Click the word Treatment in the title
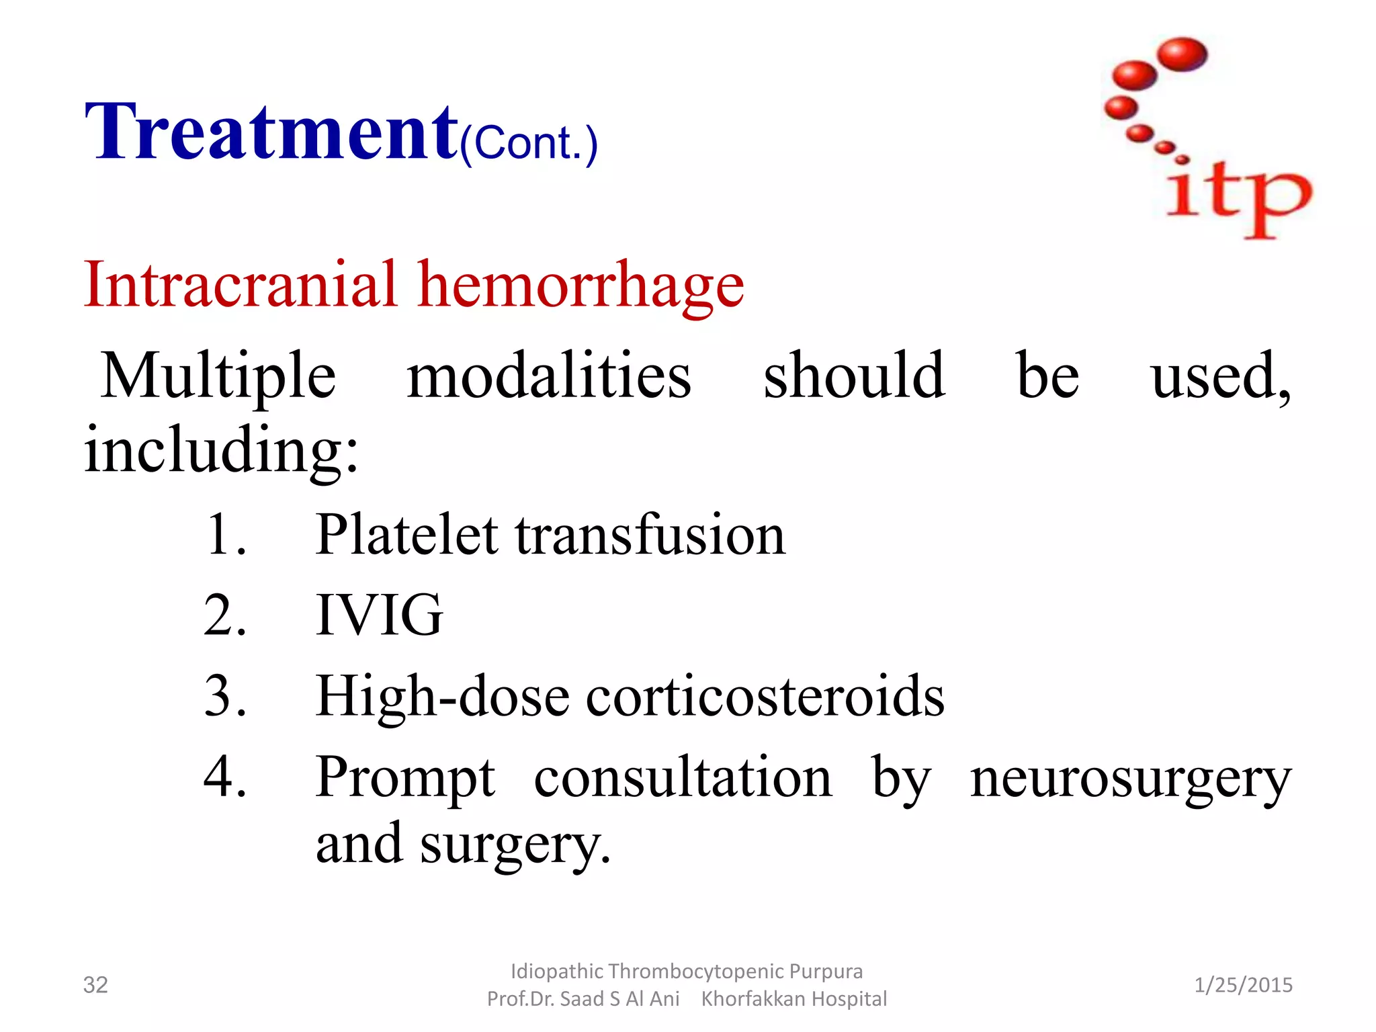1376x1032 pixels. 271,132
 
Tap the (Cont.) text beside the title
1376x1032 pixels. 529,144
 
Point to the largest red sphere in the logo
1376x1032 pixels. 1182,54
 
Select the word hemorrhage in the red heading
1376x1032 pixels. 580,286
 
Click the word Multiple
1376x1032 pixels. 218,376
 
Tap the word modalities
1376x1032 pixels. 549,376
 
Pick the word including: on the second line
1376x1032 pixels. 222,449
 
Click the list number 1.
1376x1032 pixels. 224,535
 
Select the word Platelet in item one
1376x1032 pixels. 407,535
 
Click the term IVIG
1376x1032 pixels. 380,615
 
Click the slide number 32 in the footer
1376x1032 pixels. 95,985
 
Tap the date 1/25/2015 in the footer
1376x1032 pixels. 1243,985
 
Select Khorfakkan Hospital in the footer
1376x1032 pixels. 793,999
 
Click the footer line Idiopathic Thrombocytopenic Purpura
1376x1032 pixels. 687,971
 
